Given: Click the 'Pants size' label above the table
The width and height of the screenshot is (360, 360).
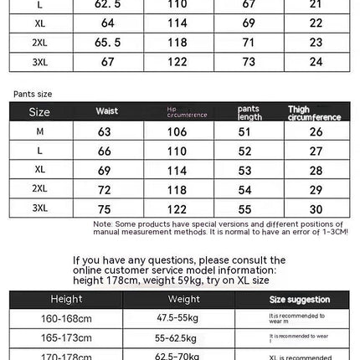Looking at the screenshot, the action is click(x=33, y=95).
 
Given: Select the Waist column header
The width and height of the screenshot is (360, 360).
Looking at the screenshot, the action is click(x=107, y=111).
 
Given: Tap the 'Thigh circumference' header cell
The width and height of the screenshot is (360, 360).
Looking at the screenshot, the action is click(x=314, y=113).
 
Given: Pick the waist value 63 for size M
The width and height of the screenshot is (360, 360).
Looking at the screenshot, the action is click(x=105, y=132).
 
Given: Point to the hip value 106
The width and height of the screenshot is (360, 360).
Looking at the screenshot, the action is click(x=177, y=132).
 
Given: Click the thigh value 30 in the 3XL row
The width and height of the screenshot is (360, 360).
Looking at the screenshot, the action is click(x=316, y=208).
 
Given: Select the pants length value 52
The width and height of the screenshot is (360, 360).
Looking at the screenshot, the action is click(x=246, y=152).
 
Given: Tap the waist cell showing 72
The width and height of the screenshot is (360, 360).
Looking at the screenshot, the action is click(x=105, y=190).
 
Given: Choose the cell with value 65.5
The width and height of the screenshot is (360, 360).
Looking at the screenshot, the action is click(x=107, y=42).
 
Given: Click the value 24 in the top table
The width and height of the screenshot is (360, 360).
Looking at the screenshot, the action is click(x=316, y=61).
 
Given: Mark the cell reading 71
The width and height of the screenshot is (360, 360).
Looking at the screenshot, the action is click(x=249, y=42).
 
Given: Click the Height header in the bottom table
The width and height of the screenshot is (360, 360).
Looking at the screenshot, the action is click(x=66, y=299).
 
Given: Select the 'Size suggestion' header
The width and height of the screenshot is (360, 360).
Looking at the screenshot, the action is click(x=299, y=300).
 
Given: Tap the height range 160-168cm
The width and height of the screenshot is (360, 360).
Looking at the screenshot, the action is click(x=66, y=319).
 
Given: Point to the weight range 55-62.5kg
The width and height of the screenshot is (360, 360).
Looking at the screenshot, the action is click(x=177, y=338).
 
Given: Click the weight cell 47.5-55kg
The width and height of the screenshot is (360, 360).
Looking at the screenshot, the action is click(x=177, y=319).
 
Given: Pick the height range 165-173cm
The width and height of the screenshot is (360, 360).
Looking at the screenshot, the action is click(x=66, y=338).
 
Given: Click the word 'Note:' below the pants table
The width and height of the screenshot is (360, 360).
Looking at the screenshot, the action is click(x=103, y=224).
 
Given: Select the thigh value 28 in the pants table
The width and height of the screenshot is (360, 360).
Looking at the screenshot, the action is click(x=316, y=171).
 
